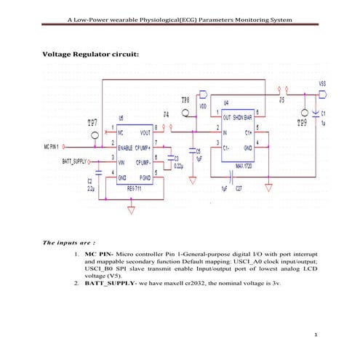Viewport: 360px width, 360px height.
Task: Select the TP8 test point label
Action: click(x=185, y=99)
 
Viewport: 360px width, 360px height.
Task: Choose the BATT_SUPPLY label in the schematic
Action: click(x=71, y=159)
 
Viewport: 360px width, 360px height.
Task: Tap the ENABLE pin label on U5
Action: click(x=129, y=147)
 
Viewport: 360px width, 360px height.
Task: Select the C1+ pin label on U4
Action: click(x=248, y=132)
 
